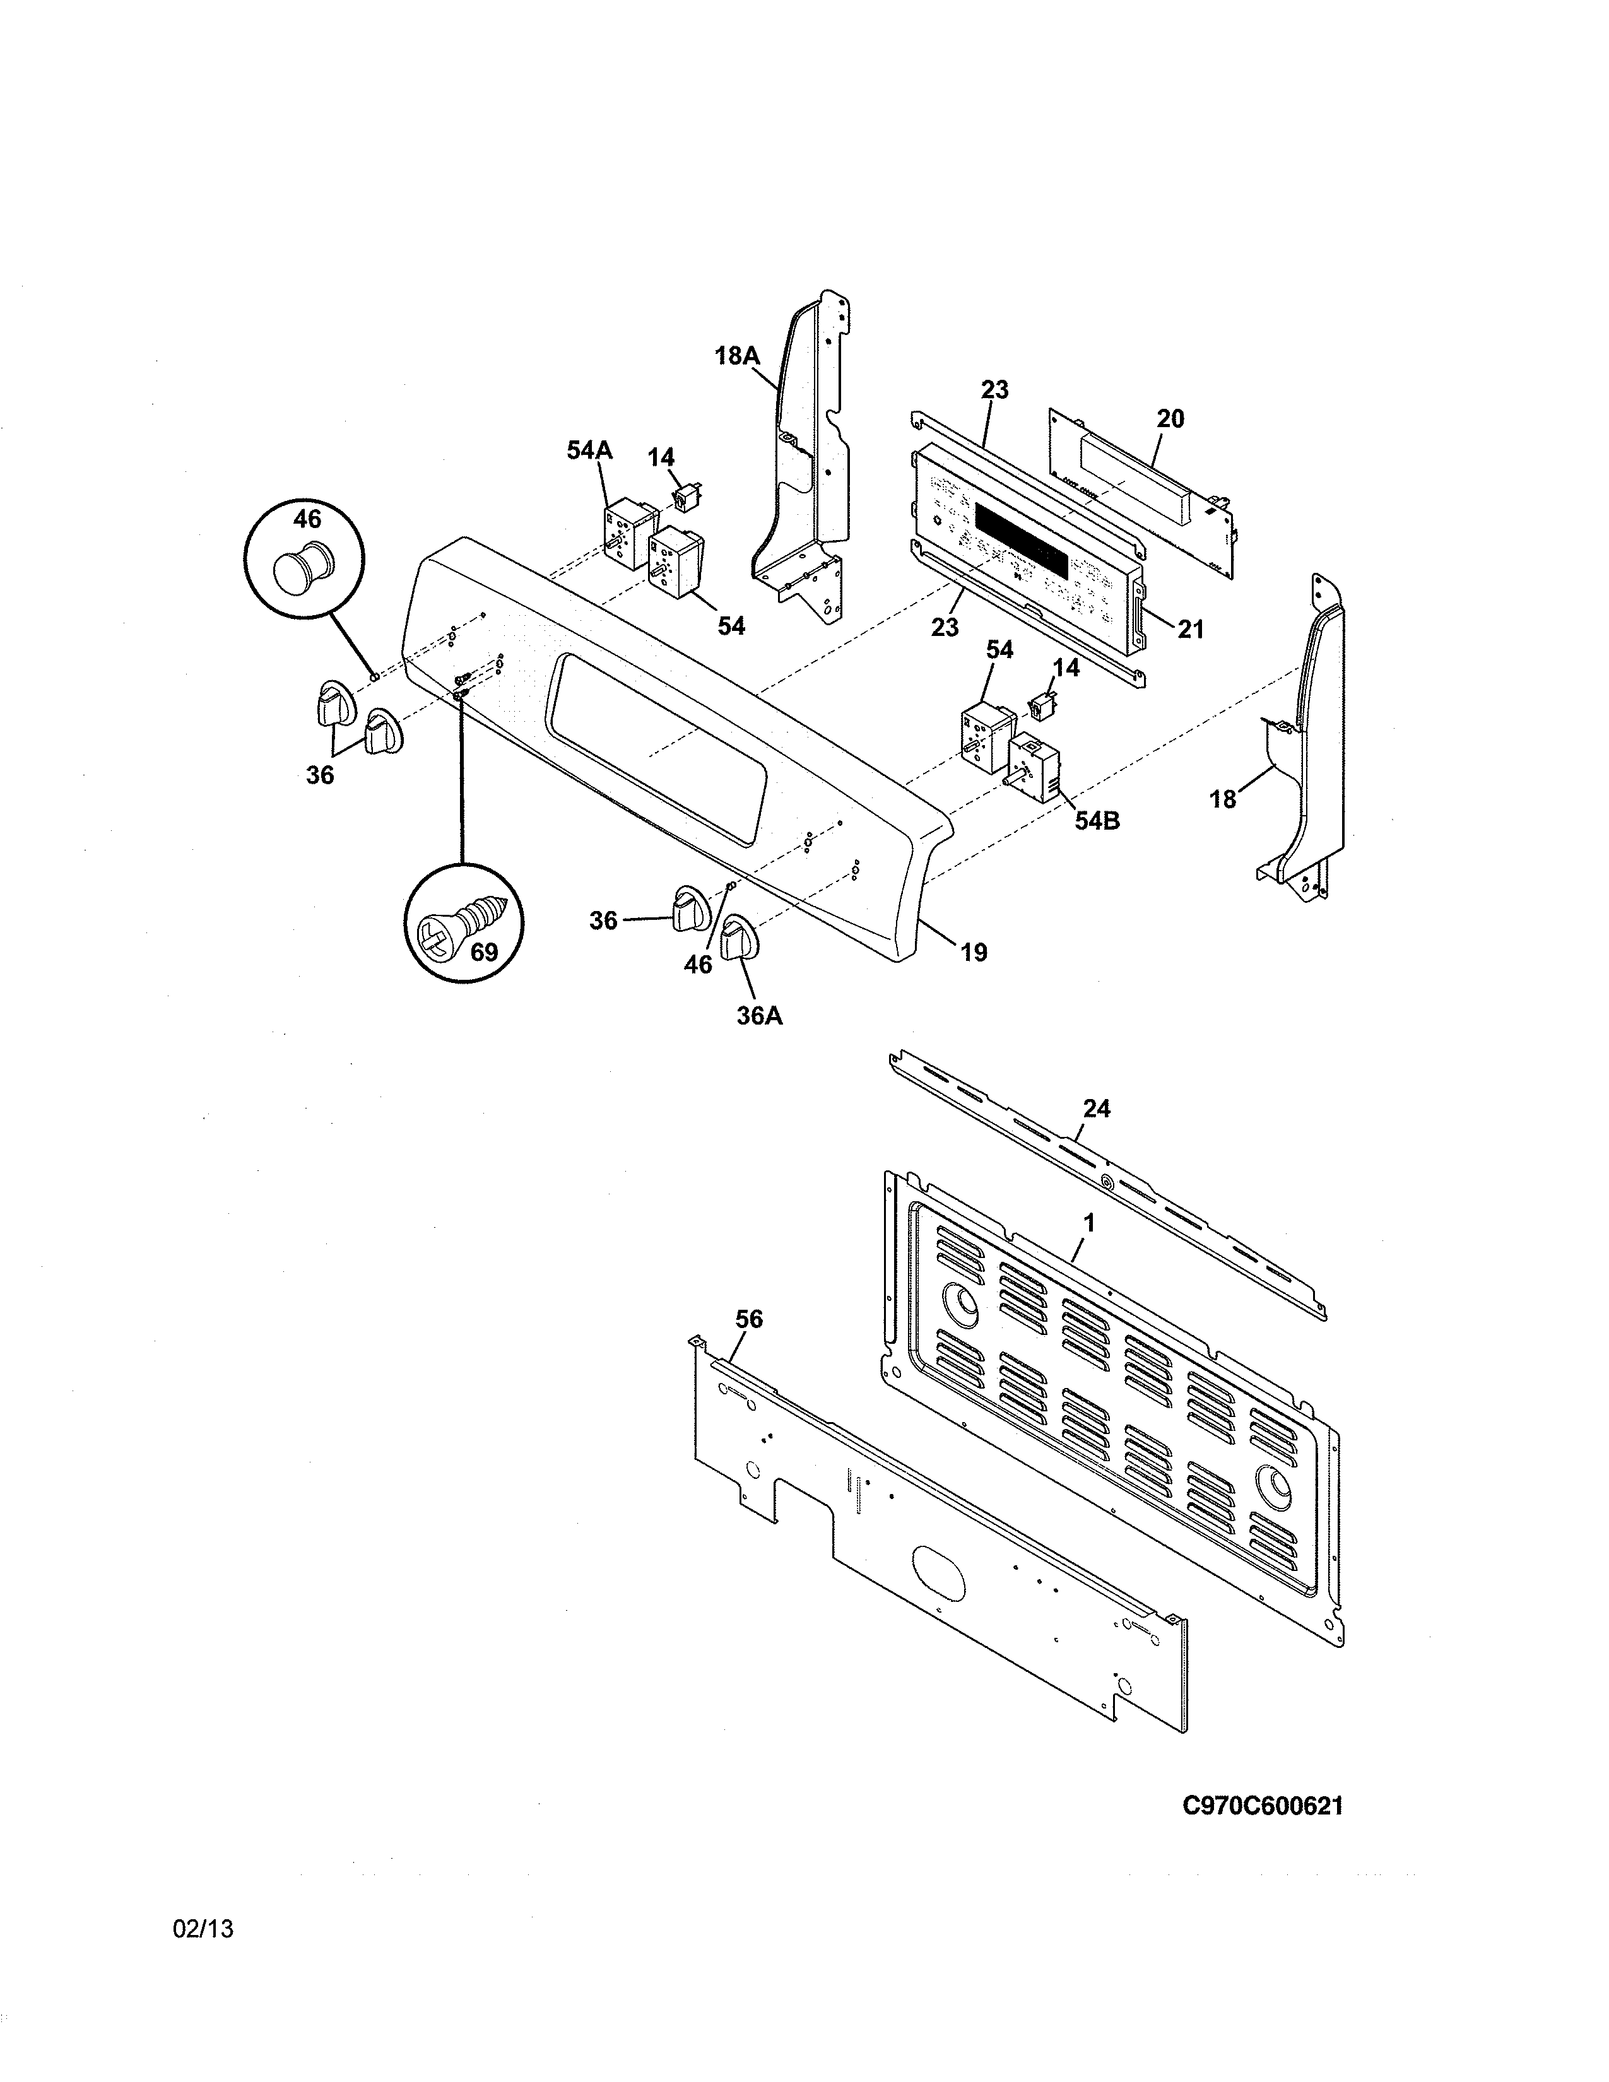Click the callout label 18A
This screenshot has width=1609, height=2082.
point(737,356)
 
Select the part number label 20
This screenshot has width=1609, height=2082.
point(1170,418)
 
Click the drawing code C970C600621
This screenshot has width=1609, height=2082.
point(1262,1806)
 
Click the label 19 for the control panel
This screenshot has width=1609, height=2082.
point(973,951)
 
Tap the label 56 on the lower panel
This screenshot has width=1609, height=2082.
point(749,1319)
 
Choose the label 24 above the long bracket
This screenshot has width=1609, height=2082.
point(1096,1108)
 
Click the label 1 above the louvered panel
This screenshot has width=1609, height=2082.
point(1090,1222)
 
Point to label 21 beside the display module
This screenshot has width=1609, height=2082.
point(1191,629)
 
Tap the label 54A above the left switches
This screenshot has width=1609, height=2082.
point(589,450)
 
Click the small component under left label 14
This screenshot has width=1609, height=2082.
point(685,496)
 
